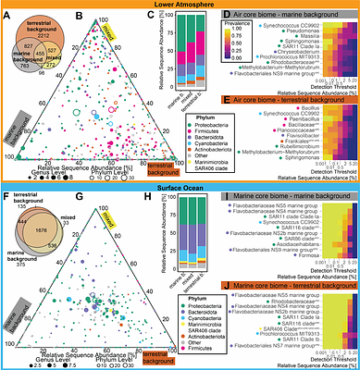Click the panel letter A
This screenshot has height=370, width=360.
5,16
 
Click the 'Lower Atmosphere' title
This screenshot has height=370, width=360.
180,5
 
